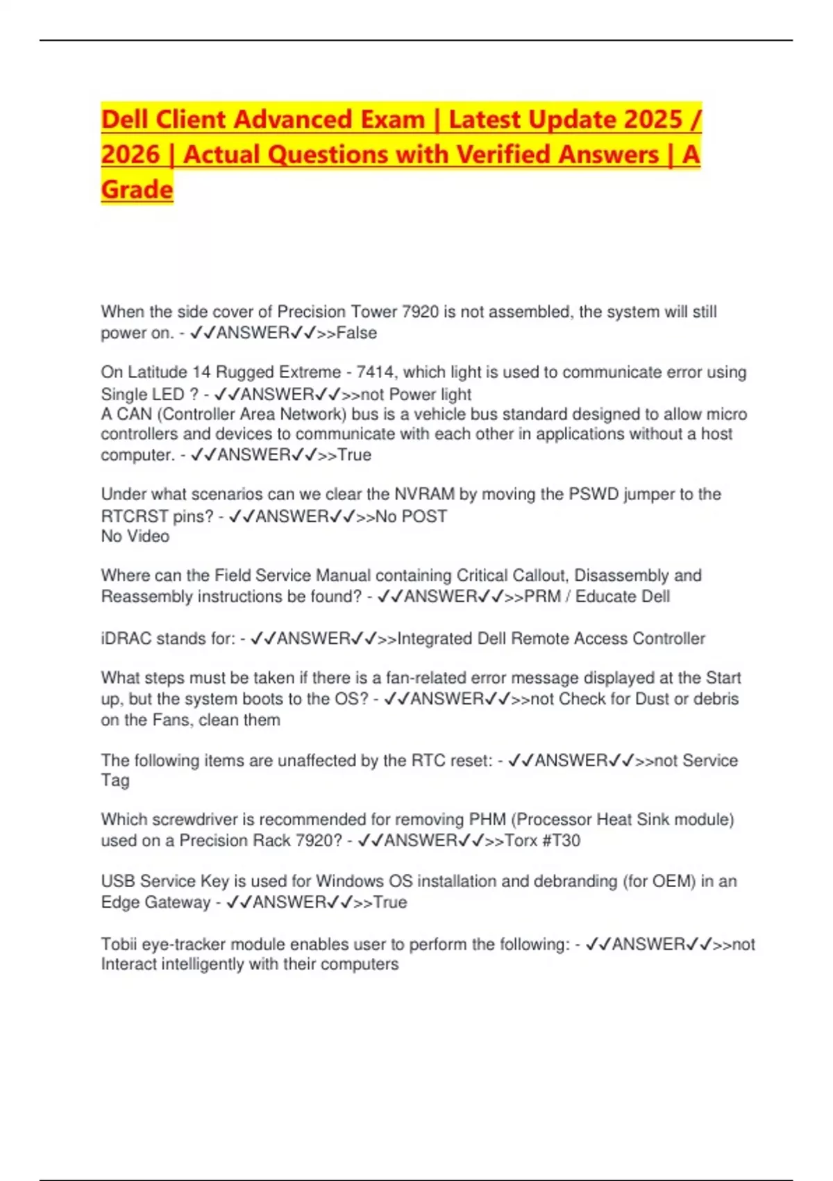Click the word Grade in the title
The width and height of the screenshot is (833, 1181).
click(x=137, y=189)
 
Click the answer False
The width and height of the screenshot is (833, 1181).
click(x=356, y=333)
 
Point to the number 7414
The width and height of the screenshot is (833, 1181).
click(x=376, y=372)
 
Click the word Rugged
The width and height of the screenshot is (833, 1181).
click(x=244, y=372)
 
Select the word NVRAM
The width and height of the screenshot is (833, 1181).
click(x=424, y=494)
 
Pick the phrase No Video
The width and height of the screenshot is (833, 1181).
click(x=135, y=536)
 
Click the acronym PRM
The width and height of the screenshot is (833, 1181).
click(x=542, y=597)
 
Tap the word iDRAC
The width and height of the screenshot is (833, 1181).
click(x=126, y=638)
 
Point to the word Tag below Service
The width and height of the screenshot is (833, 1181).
click(x=115, y=780)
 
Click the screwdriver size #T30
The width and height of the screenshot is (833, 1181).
click(x=561, y=841)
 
